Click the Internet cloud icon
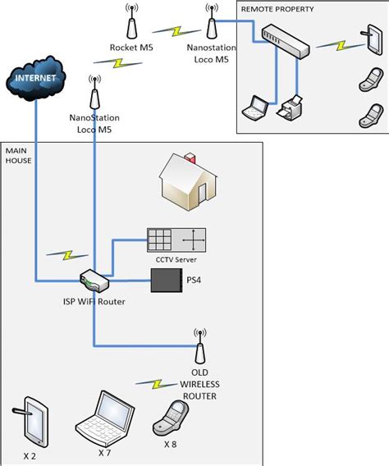pos(36,80)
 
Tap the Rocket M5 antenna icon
pos(129,21)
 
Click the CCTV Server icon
pos(176,240)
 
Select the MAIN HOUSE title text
pos(18,156)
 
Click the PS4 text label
pos(194,281)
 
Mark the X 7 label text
pos(105,452)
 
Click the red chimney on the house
pos(190,157)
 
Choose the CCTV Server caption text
pos(176,259)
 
